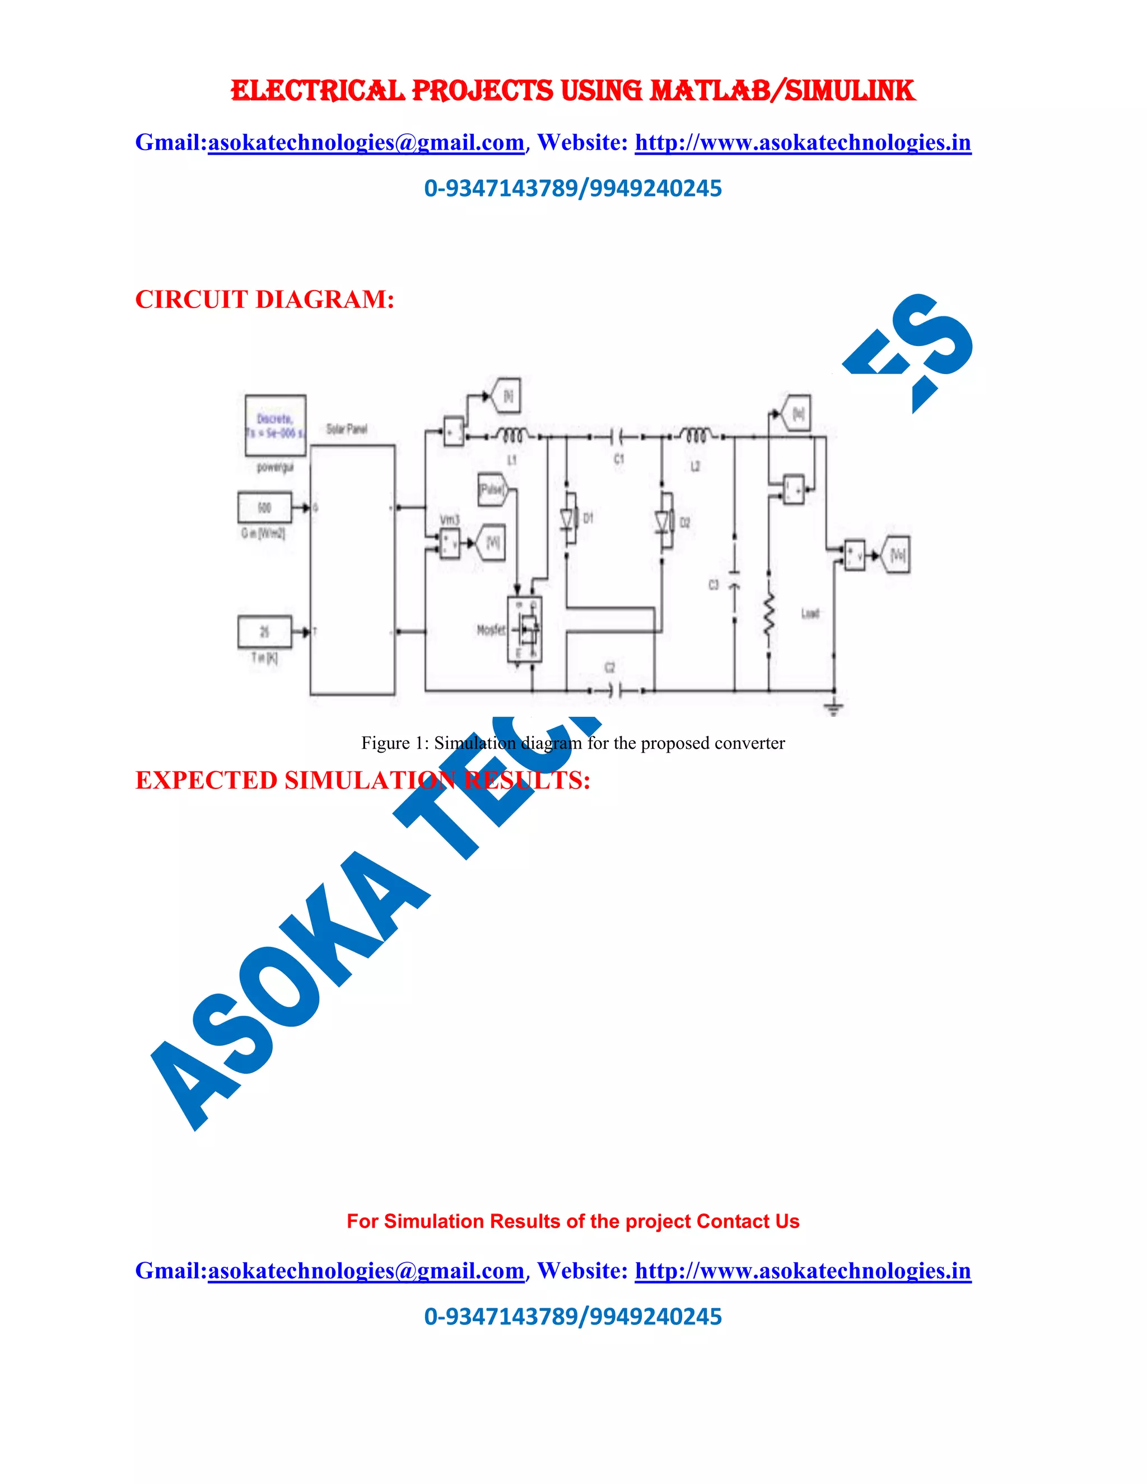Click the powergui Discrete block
pyautogui.click(x=275, y=426)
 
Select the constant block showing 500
pyautogui.click(x=264, y=507)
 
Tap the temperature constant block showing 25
pyautogui.click(x=264, y=632)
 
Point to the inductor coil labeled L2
pyautogui.click(x=694, y=436)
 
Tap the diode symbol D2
pyautogui.click(x=663, y=522)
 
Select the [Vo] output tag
pyautogui.click(x=896, y=555)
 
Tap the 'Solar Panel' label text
pyautogui.click(x=347, y=429)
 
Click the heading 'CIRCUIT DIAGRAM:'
pyautogui.click(x=264, y=299)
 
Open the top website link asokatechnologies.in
pyautogui.click(x=803, y=143)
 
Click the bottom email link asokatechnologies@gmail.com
pyautogui.click(x=366, y=1271)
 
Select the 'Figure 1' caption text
pyautogui.click(x=572, y=743)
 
